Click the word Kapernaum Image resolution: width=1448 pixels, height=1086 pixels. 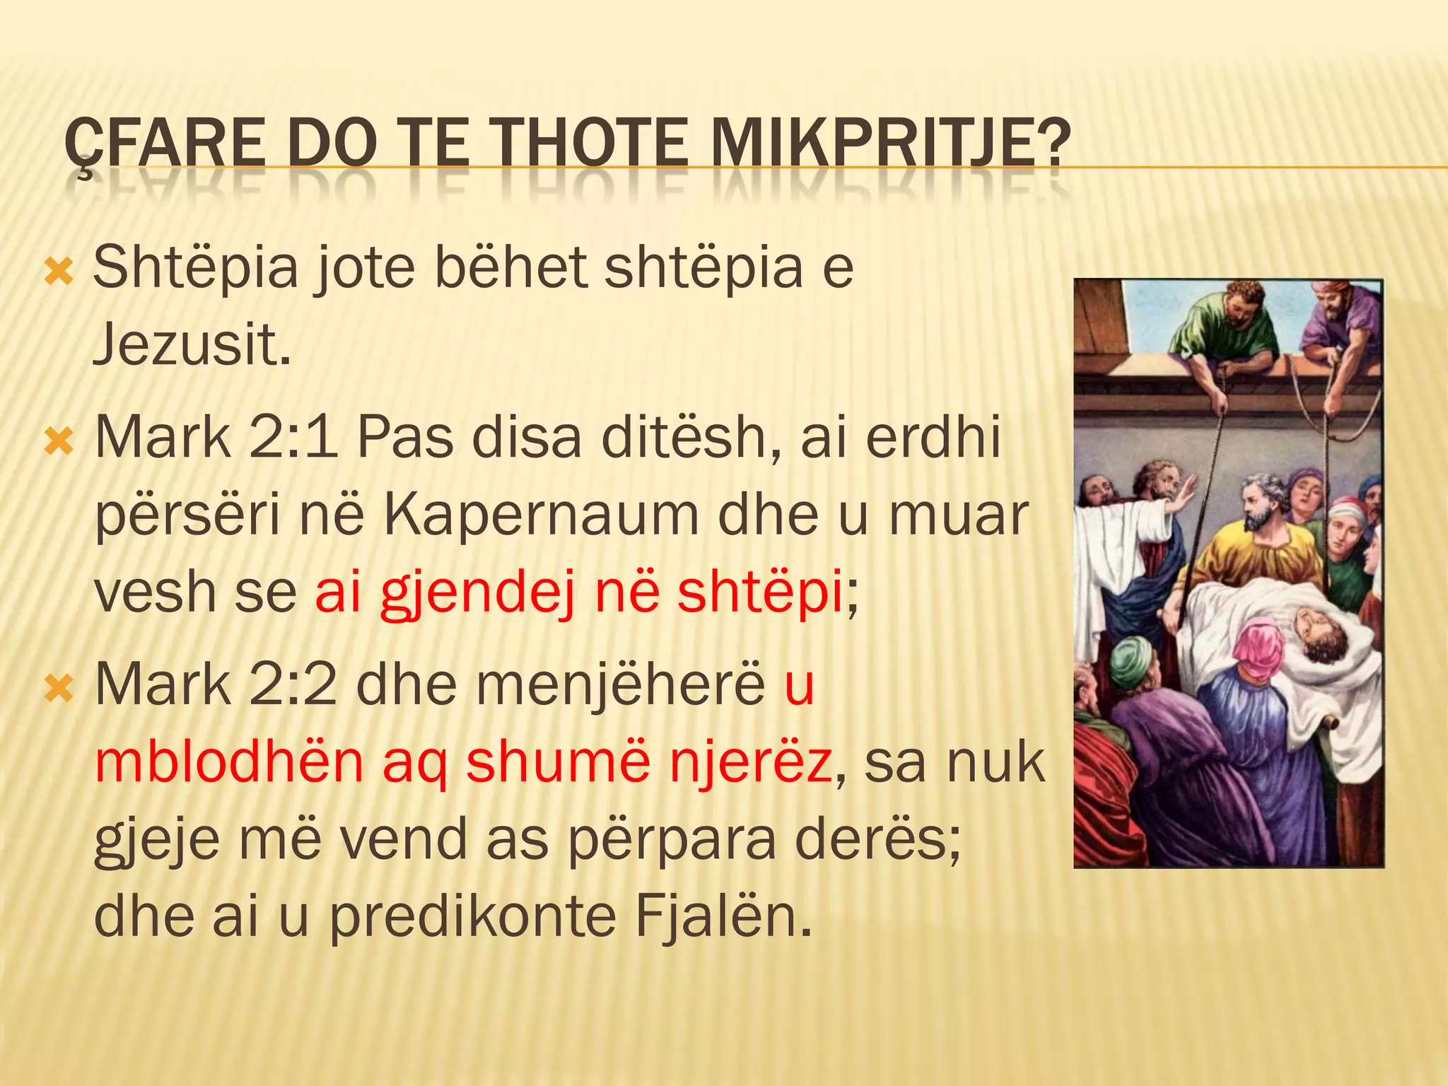coord(542,515)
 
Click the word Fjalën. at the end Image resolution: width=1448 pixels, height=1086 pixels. coord(723,916)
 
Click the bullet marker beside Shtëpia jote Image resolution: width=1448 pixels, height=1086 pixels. coord(59,271)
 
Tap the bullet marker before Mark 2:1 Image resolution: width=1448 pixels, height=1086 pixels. coord(59,442)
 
